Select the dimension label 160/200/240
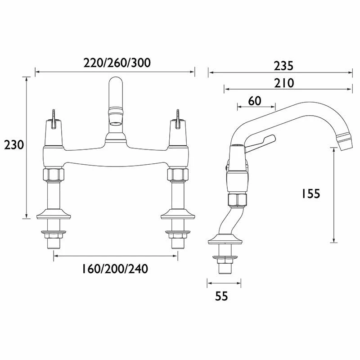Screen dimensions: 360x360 pyautogui.click(x=115, y=269)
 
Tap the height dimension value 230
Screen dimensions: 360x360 pyautogui.click(x=13, y=145)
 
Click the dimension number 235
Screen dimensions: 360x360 pyautogui.click(x=284, y=66)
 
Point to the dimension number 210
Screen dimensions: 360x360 pyautogui.click(x=284, y=83)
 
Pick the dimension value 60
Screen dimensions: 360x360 pyautogui.click(x=255, y=101)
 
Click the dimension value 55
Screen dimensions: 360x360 pyautogui.click(x=221, y=296)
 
